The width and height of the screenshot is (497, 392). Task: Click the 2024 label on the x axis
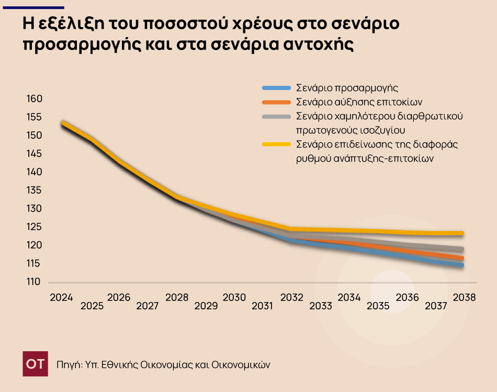[x=61, y=297]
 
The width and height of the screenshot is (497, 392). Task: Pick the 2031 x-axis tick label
[x=262, y=306]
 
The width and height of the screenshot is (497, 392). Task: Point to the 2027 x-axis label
[x=147, y=306]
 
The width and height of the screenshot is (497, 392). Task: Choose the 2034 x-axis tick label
[x=349, y=297]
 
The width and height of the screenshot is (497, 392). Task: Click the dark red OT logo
[x=36, y=364]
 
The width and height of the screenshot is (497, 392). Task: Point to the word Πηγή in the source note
[x=67, y=364]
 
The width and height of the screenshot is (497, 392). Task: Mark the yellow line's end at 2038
[x=462, y=233]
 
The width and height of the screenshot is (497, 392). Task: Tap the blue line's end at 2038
[x=462, y=266]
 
